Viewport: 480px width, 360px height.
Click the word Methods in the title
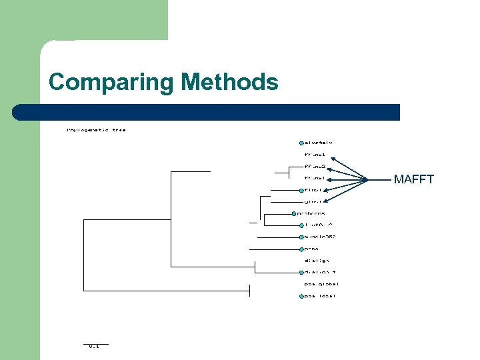[229, 82]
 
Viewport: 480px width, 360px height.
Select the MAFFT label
[413, 179]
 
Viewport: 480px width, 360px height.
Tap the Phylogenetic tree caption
[96, 130]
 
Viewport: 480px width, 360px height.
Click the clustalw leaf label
[319, 142]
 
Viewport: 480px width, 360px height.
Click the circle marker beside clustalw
[301, 143]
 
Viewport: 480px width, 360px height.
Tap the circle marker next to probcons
[293, 213]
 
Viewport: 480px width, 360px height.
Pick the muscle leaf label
[320, 237]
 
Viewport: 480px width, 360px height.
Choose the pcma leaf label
[311, 249]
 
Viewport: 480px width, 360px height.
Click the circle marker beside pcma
[301, 249]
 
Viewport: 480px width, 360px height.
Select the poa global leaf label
[321, 284]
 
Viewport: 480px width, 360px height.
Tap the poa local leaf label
[320, 296]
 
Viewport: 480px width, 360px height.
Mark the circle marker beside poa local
[301, 296]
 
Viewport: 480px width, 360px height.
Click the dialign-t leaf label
[320, 272]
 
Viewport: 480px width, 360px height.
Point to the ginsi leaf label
[313, 201]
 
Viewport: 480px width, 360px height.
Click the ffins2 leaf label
[315, 166]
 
